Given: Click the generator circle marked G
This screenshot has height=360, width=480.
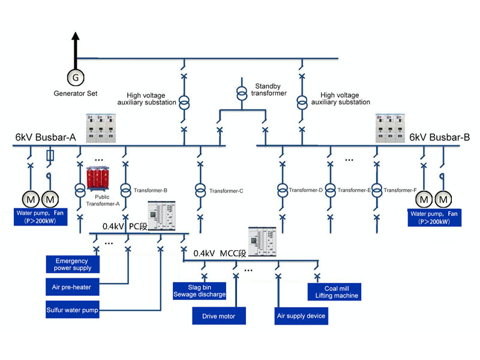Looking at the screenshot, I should click(x=76, y=77).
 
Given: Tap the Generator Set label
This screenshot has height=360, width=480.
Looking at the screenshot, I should click(x=76, y=94).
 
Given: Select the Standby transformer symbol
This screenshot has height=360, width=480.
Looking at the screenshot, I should click(x=241, y=94).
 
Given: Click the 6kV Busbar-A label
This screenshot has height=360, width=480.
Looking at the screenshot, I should click(x=46, y=137).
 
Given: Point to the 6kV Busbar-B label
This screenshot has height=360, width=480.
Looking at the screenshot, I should click(x=440, y=137).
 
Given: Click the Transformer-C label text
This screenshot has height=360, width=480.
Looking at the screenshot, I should click(x=226, y=191).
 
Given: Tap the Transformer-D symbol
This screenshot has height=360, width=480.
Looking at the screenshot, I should click(x=281, y=190).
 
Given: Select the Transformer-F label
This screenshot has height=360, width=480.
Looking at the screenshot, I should click(x=400, y=190).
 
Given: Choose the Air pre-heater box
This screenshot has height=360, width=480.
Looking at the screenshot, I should click(x=73, y=287).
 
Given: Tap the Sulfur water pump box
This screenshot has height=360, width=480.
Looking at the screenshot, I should click(x=72, y=311).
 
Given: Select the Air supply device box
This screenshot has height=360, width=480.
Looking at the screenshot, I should click(x=301, y=316).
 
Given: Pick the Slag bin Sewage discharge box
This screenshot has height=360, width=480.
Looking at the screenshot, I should click(x=200, y=290).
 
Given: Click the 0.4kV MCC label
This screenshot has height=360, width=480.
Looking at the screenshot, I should click(x=221, y=253).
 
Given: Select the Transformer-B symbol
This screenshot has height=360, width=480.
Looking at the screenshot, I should click(x=125, y=190).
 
